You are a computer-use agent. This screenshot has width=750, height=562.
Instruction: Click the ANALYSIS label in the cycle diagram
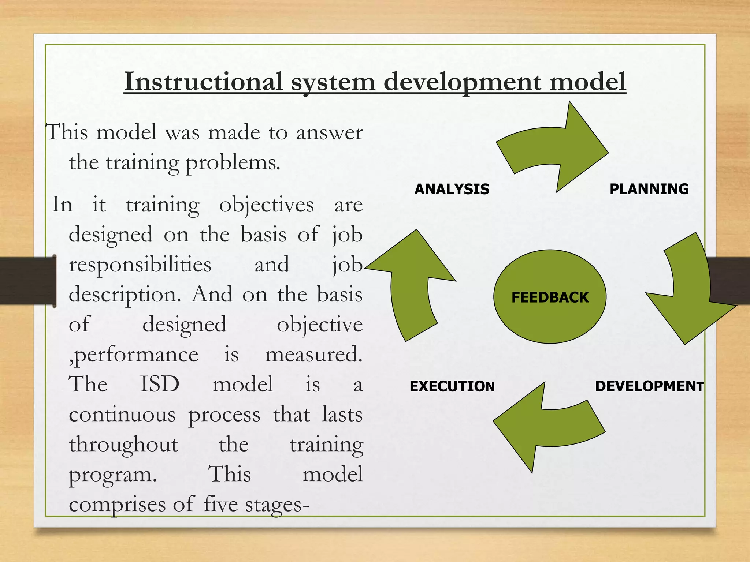[452, 189]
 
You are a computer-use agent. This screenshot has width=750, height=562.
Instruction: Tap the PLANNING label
[649, 189]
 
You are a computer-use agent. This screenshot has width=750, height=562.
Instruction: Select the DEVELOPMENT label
[649, 386]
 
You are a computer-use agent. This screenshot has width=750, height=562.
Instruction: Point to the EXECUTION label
[452, 386]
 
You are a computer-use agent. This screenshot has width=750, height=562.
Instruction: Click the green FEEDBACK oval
[550, 297]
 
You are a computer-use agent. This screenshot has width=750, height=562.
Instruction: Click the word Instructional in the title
[203, 81]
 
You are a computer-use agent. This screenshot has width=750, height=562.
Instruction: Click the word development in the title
[462, 81]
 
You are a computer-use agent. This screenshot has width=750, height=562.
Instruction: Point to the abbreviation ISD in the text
[160, 384]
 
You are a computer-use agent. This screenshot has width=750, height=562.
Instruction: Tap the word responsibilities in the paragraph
[140, 264]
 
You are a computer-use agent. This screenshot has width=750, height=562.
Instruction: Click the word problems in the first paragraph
[233, 162]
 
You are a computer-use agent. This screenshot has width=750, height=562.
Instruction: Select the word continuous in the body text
[122, 415]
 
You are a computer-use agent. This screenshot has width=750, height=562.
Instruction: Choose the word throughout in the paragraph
[123, 445]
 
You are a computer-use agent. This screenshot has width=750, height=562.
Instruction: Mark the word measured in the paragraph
[313, 354]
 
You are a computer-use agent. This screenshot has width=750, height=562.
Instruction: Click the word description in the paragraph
[125, 294]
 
